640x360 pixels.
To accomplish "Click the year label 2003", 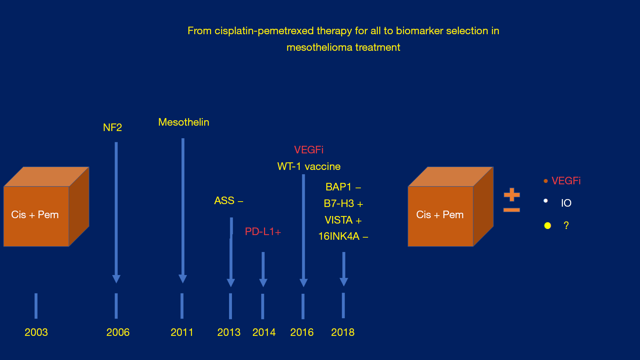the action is (x=36, y=332).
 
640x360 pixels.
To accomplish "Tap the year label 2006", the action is (x=118, y=332).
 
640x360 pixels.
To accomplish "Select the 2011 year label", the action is (x=182, y=332).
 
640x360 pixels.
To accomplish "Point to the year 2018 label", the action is (x=343, y=332).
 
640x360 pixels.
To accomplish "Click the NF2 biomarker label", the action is (x=112, y=127).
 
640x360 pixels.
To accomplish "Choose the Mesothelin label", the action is (x=184, y=122).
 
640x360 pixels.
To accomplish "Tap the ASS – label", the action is (x=229, y=201).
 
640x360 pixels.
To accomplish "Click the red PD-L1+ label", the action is (x=263, y=231).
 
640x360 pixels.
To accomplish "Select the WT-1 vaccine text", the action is (x=309, y=166).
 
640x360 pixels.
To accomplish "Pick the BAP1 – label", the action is (x=343, y=187).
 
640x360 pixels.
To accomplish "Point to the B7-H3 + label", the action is (x=343, y=204).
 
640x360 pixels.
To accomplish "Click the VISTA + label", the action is (x=343, y=220).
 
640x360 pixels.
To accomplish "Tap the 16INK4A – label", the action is (x=343, y=236).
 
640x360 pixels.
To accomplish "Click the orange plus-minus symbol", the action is (x=512, y=200).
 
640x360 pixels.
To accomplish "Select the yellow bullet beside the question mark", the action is (x=547, y=226).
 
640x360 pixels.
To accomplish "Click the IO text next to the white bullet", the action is (x=566, y=203).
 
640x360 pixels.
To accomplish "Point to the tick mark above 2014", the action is (x=263, y=306).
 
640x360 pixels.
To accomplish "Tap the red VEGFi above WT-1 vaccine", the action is (x=309, y=150).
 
